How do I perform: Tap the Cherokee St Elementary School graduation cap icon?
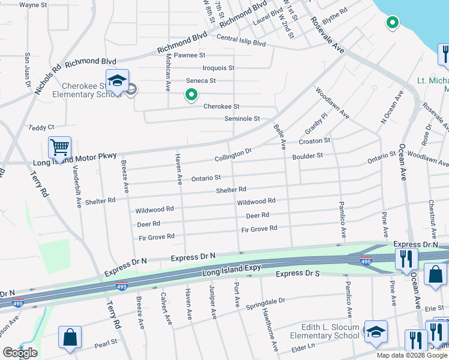point(117,80)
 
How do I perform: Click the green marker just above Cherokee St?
point(191,94)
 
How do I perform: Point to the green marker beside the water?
point(392,23)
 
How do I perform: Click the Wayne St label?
point(33,5)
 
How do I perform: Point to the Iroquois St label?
point(218,68)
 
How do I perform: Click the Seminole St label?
point(242,119)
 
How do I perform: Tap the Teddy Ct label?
point(41,127)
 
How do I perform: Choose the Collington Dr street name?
point(233,155)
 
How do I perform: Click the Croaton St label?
point(315,141)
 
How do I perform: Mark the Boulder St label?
point(307,156)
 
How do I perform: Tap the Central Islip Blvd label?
point(241,43)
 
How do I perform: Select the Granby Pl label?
point(315,124)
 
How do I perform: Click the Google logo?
point(20,353)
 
